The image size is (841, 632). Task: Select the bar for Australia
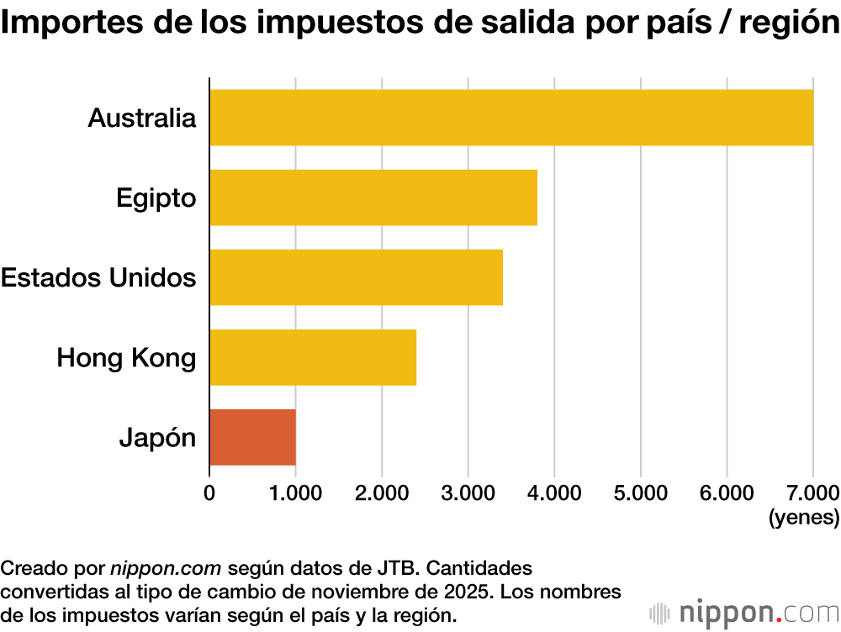(x=511, y=118)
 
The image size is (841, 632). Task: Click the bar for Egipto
(x=373, y=197)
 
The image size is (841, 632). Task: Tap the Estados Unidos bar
(x=356, y=277)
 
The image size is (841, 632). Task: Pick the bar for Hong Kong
(x=313, y=357)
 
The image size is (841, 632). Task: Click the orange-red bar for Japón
(x=252, y=437)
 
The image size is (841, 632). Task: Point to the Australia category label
(x=141, y=118)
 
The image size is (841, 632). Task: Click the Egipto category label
(x=156, y=198)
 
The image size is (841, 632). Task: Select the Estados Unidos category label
(x=98, y=277)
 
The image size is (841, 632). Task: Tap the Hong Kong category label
(x=126, y=358)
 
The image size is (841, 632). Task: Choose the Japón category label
(x=157, y=438)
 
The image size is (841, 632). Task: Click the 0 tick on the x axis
(x=209, y=492)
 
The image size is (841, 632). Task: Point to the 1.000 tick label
(x=295, y=492)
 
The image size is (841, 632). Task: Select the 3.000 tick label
(x=468, y=492)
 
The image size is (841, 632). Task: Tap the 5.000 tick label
(x=640, y=492)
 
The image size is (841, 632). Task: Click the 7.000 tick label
(x=812, y=492)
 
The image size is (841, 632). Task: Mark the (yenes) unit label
(x=804, y=517)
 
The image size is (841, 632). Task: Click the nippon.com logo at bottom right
(x=744, y=611)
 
